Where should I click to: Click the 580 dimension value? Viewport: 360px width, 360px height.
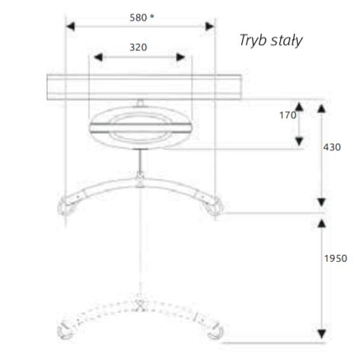pyautogui.click(x=138, y=18)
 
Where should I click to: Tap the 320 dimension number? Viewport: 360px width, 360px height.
pyautogui.click(x=138, y=47)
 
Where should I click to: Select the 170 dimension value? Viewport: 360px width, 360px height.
pyautogui.click(x=288, y=116)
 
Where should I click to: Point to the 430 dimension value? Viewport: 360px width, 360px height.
pyautogui.click(x=332, y=148)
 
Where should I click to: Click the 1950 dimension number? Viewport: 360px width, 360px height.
pyautogui.click(x=336, y=259)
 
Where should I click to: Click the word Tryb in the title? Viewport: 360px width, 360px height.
pyautogui.click(x=253, y=40)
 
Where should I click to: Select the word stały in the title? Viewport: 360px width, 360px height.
pyautogui.click(x=287, y=40)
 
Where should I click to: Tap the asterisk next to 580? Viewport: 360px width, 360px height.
pyautogui.click(x=151, y=17)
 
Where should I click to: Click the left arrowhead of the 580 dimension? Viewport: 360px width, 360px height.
pyautogui.click(x=71, y=27)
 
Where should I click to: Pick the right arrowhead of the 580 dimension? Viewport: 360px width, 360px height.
pyautogui.click(x=209, y=27)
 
